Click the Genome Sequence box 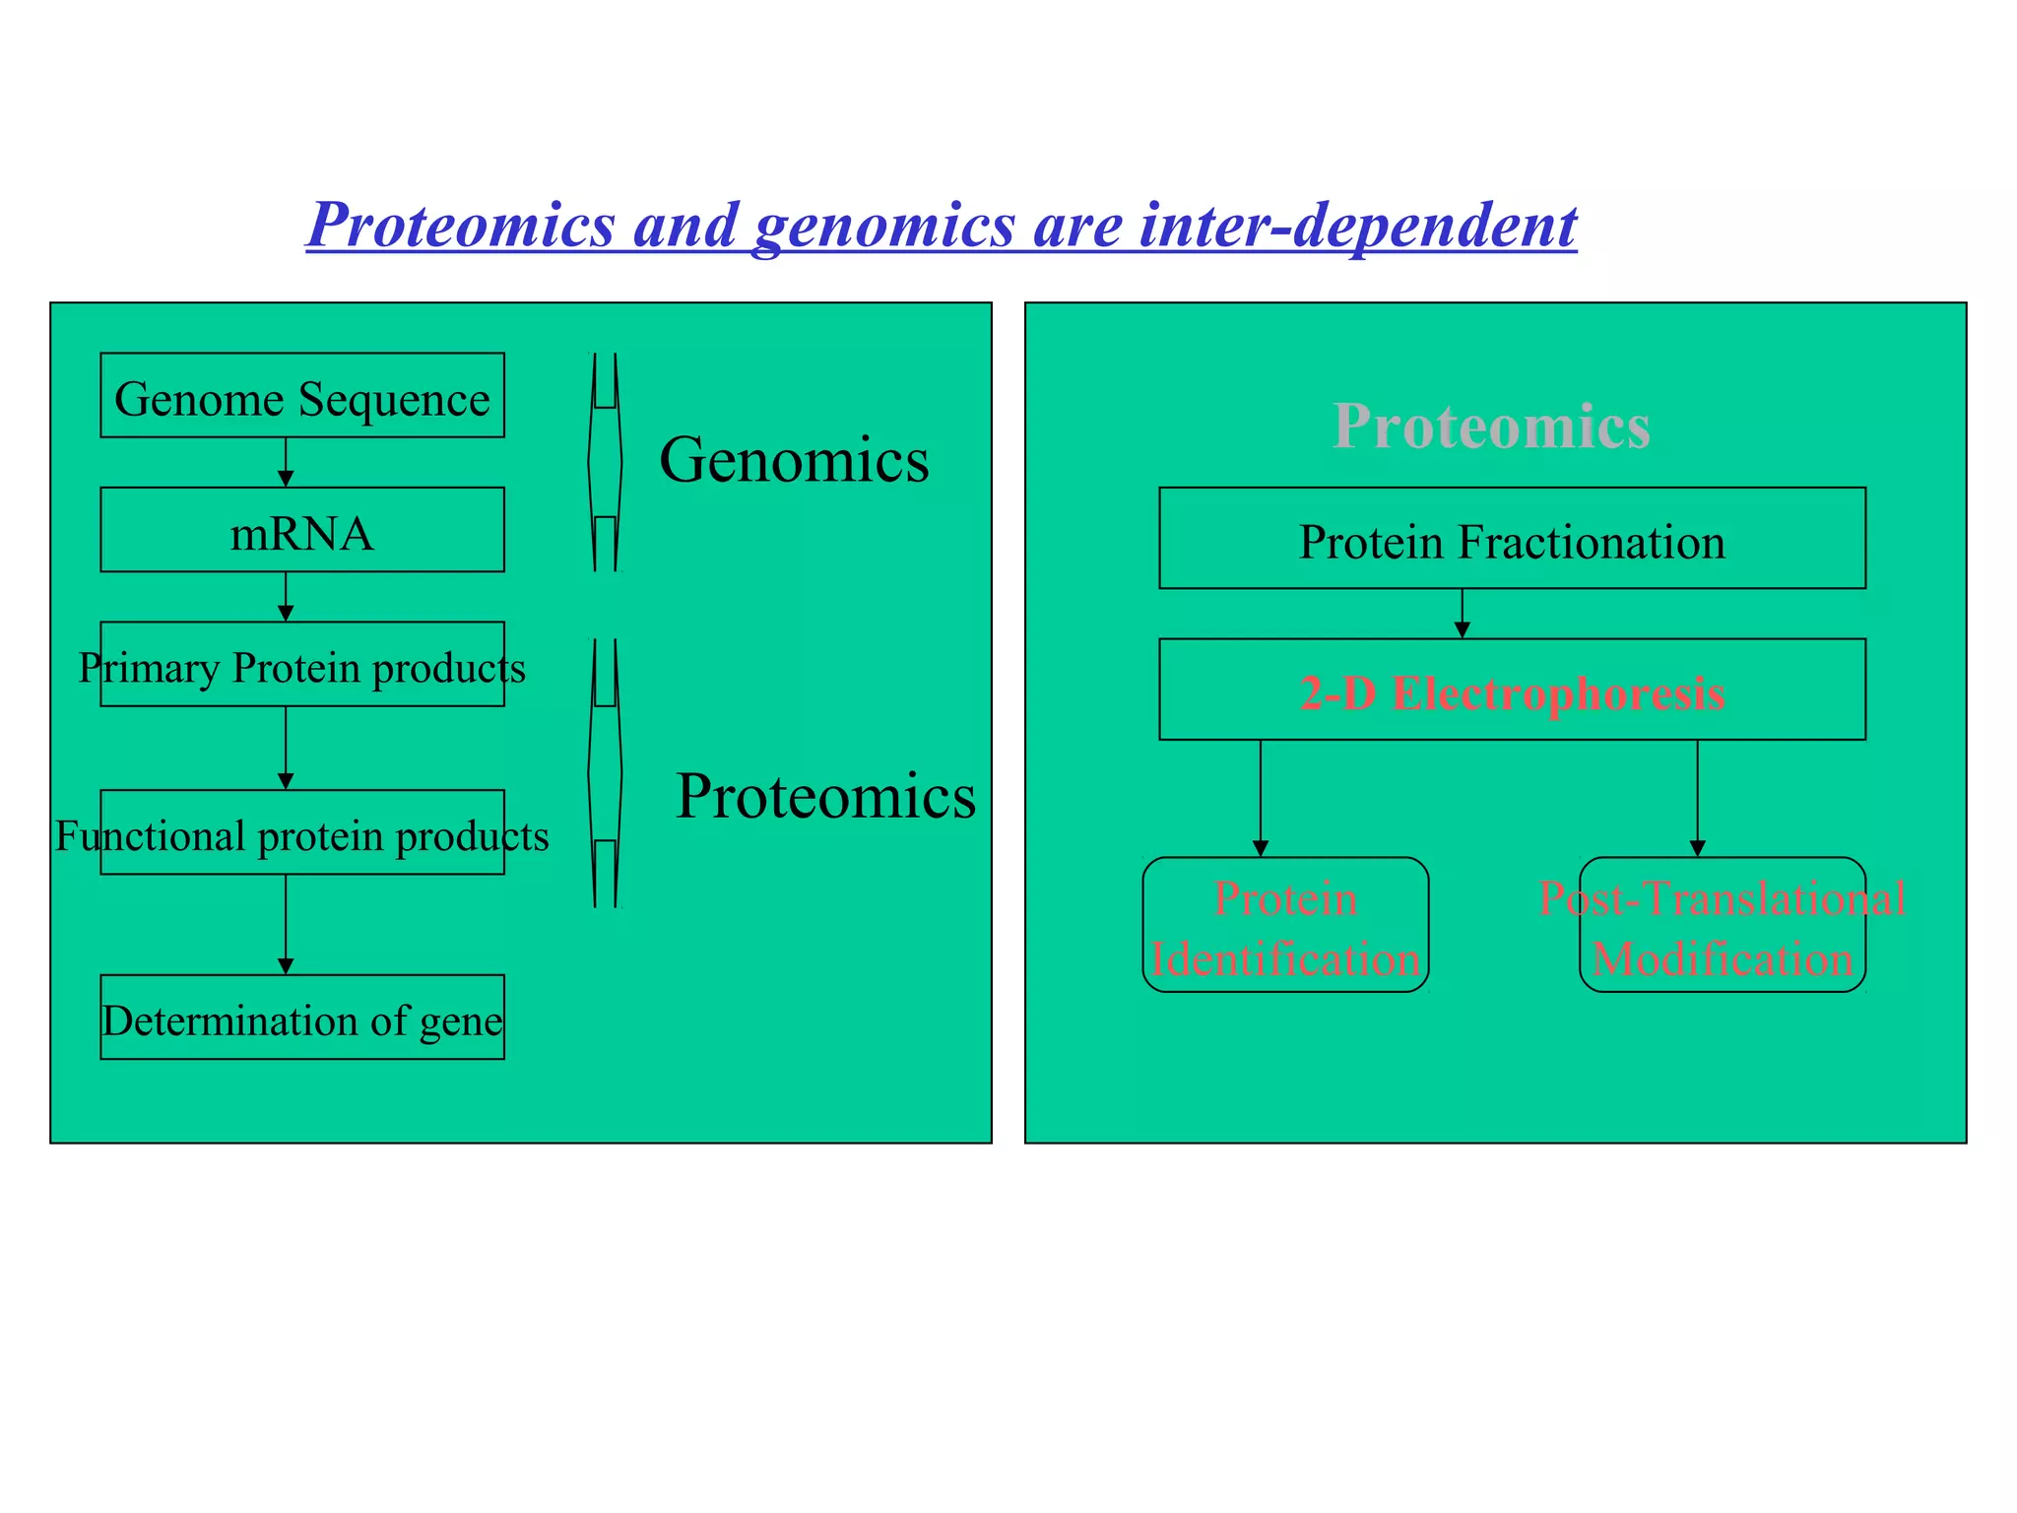pyautogui.click(x=302, y=395)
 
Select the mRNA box pyautogui.click(x=302, y=530)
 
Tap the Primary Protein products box pyautogui.click(x=302, y=665)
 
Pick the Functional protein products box pyautogui.click(x=302, y=833)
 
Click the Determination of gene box pyautogui.click(x=302, y=1018)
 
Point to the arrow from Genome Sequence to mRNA pyautogui.click(x=286, y=463)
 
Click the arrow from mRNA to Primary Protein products pyautogui.click(x=286, y=598)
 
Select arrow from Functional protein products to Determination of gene pyautogui.click(x=286, y=926)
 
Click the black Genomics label pyautogui.click(x=794, y=460)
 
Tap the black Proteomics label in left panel pyautogui.click(x=825, y=796)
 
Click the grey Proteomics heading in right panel pyautogui.click(x=1491, y=427)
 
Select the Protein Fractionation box pyautogui.click(x=1512, y=539)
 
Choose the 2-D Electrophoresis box pyautogui.click(x=1512, y=691)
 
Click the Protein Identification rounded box pyautogui.click(x=1285, y=926)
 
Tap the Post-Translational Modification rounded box pyautogui.click(x=1722, y=926)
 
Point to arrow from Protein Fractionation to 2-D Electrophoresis pyautogui.click(x=1462, y=615)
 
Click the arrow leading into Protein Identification pyautogui.click(x=1261, y=799)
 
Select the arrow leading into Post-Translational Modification pyautogui.click(x=1697, y=799)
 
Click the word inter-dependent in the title pyautogui.click(x=1358, y=226)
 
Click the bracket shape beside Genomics pyautogui.click(x=605, y=462)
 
